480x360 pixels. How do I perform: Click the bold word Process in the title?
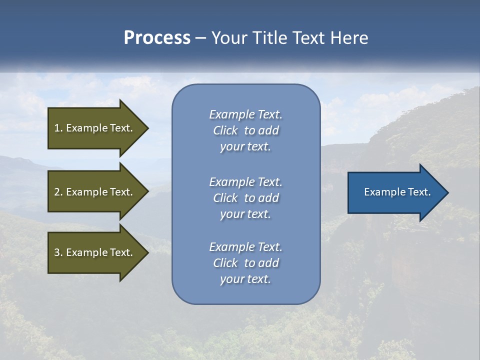tap(157, 38)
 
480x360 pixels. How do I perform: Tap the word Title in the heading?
tap(268, 38)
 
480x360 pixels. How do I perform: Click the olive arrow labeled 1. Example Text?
tap(95, 128)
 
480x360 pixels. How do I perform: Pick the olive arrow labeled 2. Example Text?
tap(95, 192)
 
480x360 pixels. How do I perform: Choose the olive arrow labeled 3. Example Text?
tap(95, 252)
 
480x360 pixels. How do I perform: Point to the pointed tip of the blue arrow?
tap(447, 192)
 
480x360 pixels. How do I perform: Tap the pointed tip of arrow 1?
tap(147, 128)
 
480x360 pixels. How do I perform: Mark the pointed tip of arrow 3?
tap(147, 252)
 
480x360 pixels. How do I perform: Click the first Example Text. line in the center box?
tap(245, 114)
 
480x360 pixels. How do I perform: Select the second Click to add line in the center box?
tap(245, 198)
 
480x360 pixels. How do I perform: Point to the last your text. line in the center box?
tap(245, 279)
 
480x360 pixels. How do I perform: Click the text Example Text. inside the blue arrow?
tap(397, 192)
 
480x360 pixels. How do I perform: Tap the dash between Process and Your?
tap(201, 38)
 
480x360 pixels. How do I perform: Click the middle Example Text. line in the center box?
tap(245, 182)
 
